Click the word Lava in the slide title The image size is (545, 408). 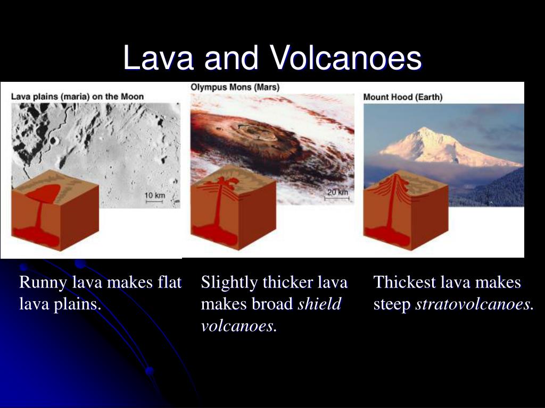tap(158, 57)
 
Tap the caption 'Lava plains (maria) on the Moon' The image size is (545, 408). tap(77, 97)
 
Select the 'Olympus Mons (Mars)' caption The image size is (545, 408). tap(235, 87)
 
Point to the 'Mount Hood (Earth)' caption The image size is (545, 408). tap(403, 97)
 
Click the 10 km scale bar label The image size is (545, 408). tap(155, 195)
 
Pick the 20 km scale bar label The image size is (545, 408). tap(337, 192)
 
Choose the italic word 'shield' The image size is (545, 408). tap(319, 304)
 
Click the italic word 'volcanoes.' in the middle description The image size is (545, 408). tap(239, 326)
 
